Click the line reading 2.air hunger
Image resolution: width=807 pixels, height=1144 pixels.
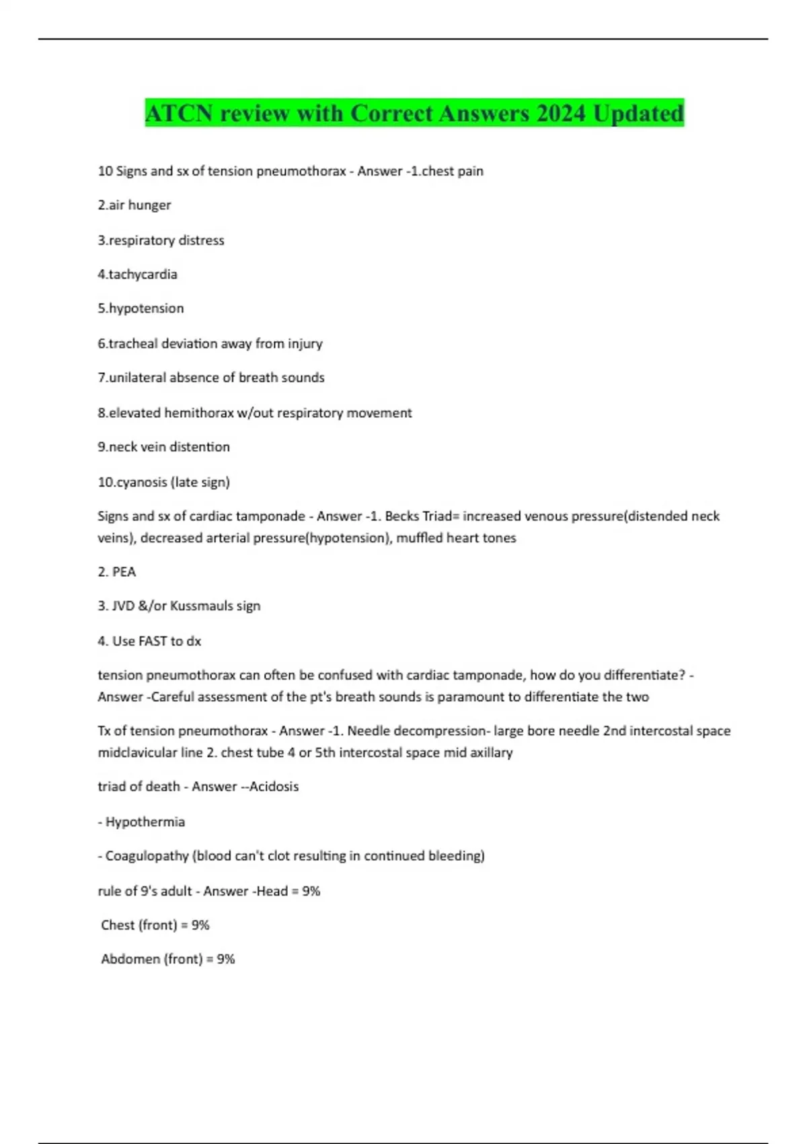coord(134,205)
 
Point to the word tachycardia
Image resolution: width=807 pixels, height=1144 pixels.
coord(143,275)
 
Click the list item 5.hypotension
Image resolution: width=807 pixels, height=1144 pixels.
coord(141,309)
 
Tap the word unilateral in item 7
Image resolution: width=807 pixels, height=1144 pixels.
coord(137,378)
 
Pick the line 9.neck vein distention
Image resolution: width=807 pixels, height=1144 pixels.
coord(164,448)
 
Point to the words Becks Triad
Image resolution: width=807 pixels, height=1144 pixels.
coord(418,517)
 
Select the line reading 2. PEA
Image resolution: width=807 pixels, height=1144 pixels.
coord(117,572)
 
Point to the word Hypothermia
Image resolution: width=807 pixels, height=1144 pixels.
coord(145,822)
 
